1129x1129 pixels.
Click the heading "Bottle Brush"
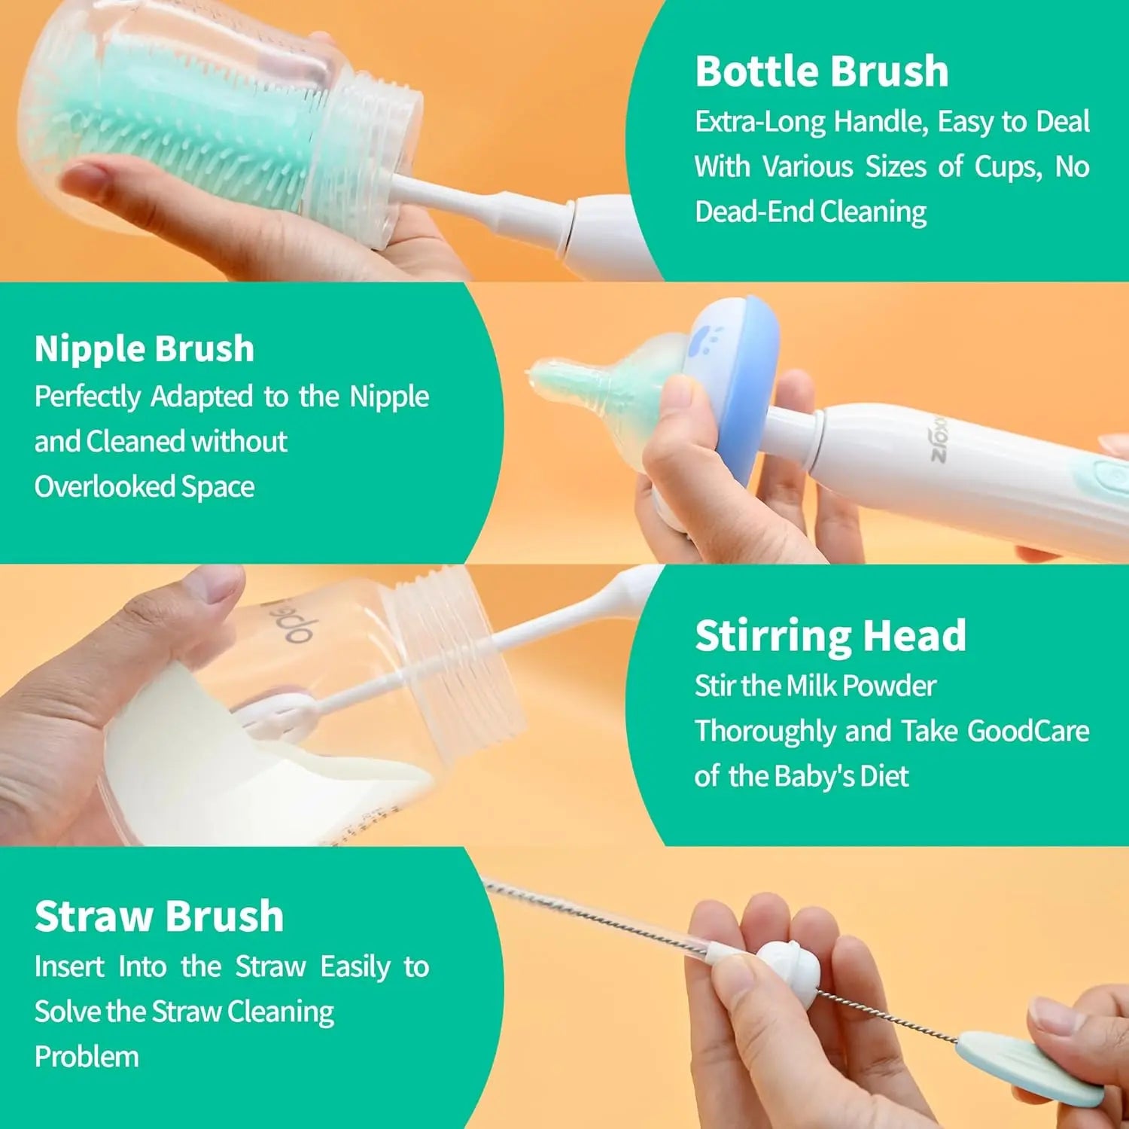(x=821, y=72)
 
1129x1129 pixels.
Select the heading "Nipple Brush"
(x=145, y=349)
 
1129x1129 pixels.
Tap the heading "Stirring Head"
(x=830, y=636)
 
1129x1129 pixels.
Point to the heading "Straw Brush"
(x=159, y=917)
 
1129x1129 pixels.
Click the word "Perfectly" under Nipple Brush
(x=87, y=397)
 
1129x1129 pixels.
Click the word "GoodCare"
(x=1027, y=732)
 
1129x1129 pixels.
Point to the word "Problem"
(x=87, y=1057)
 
